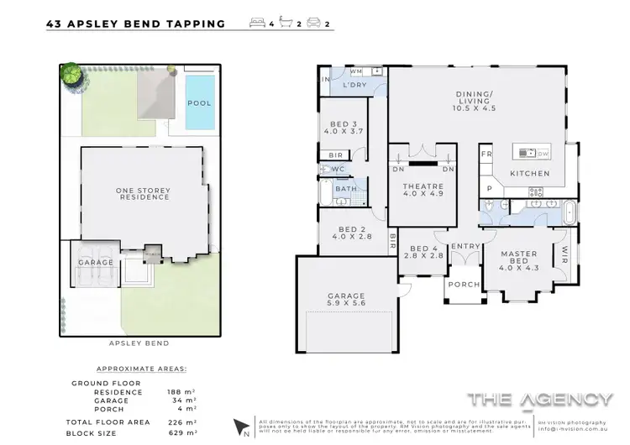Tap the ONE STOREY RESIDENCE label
(x=143, y=195)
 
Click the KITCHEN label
(x=530, y=174)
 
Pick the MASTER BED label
(x=519, y=258)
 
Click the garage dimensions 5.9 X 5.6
(x=346, y=306)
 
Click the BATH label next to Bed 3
(x=345, y=190)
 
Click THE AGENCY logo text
(x=540, y=399)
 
